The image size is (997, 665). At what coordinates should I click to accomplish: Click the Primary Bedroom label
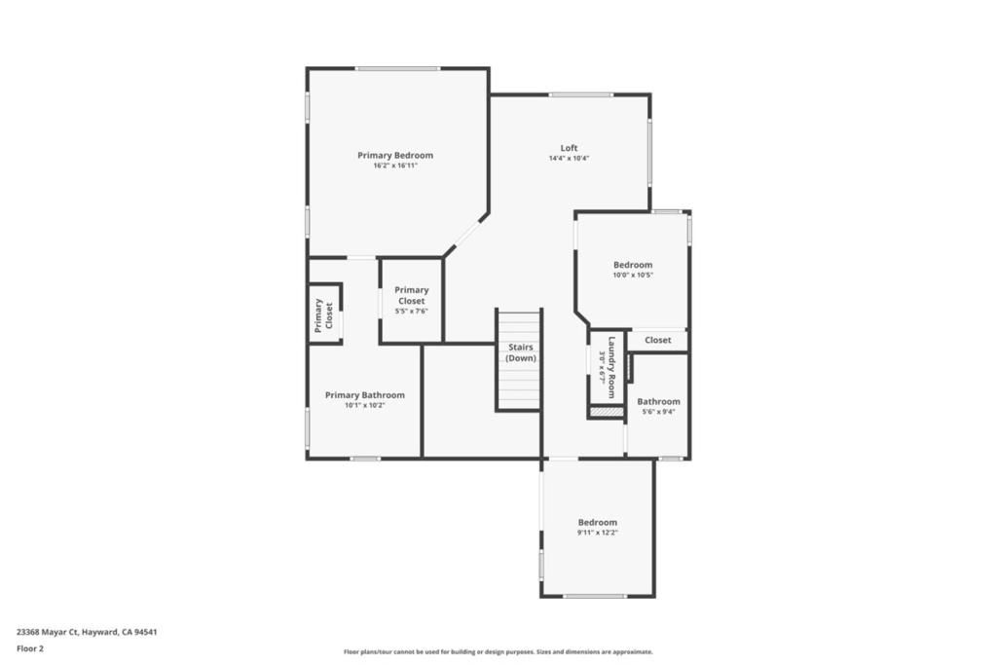(x=395, y=155)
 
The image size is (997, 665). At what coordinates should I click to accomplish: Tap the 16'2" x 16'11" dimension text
(x=395, y=166)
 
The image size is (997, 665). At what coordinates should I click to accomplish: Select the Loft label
(x=569, y=148)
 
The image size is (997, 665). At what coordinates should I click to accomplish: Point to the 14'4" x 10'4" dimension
(x=569, y=159)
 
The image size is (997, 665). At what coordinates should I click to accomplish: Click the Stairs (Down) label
(x=521, y=352)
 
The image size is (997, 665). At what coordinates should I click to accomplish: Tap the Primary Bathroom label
(x=365, y=394)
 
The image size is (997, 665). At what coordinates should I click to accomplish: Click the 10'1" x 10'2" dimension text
(x=365, y=405)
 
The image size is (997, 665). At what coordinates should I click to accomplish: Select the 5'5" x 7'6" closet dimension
(x=412, y=311)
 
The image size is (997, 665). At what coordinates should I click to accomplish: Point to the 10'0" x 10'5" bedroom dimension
(x=633, y=276)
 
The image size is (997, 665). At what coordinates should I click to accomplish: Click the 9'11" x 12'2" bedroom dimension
(x=597, y=533)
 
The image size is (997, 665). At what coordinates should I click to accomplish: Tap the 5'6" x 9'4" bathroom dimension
(x=659, y=412)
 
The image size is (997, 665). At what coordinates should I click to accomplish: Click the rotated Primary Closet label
(x=323, y=315)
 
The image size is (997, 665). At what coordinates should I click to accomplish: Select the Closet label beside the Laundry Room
(x=657, y=340)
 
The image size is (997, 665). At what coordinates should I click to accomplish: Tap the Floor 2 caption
(x=30, y=648)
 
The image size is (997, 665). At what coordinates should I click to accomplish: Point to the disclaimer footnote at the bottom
(x=498, y=651)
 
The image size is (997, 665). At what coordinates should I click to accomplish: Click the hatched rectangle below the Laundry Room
(x=606, y=412)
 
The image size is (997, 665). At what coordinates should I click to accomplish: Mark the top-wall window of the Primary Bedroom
(x=397, y=69)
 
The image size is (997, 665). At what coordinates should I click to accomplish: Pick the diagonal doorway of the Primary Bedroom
(x=466, y=234)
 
